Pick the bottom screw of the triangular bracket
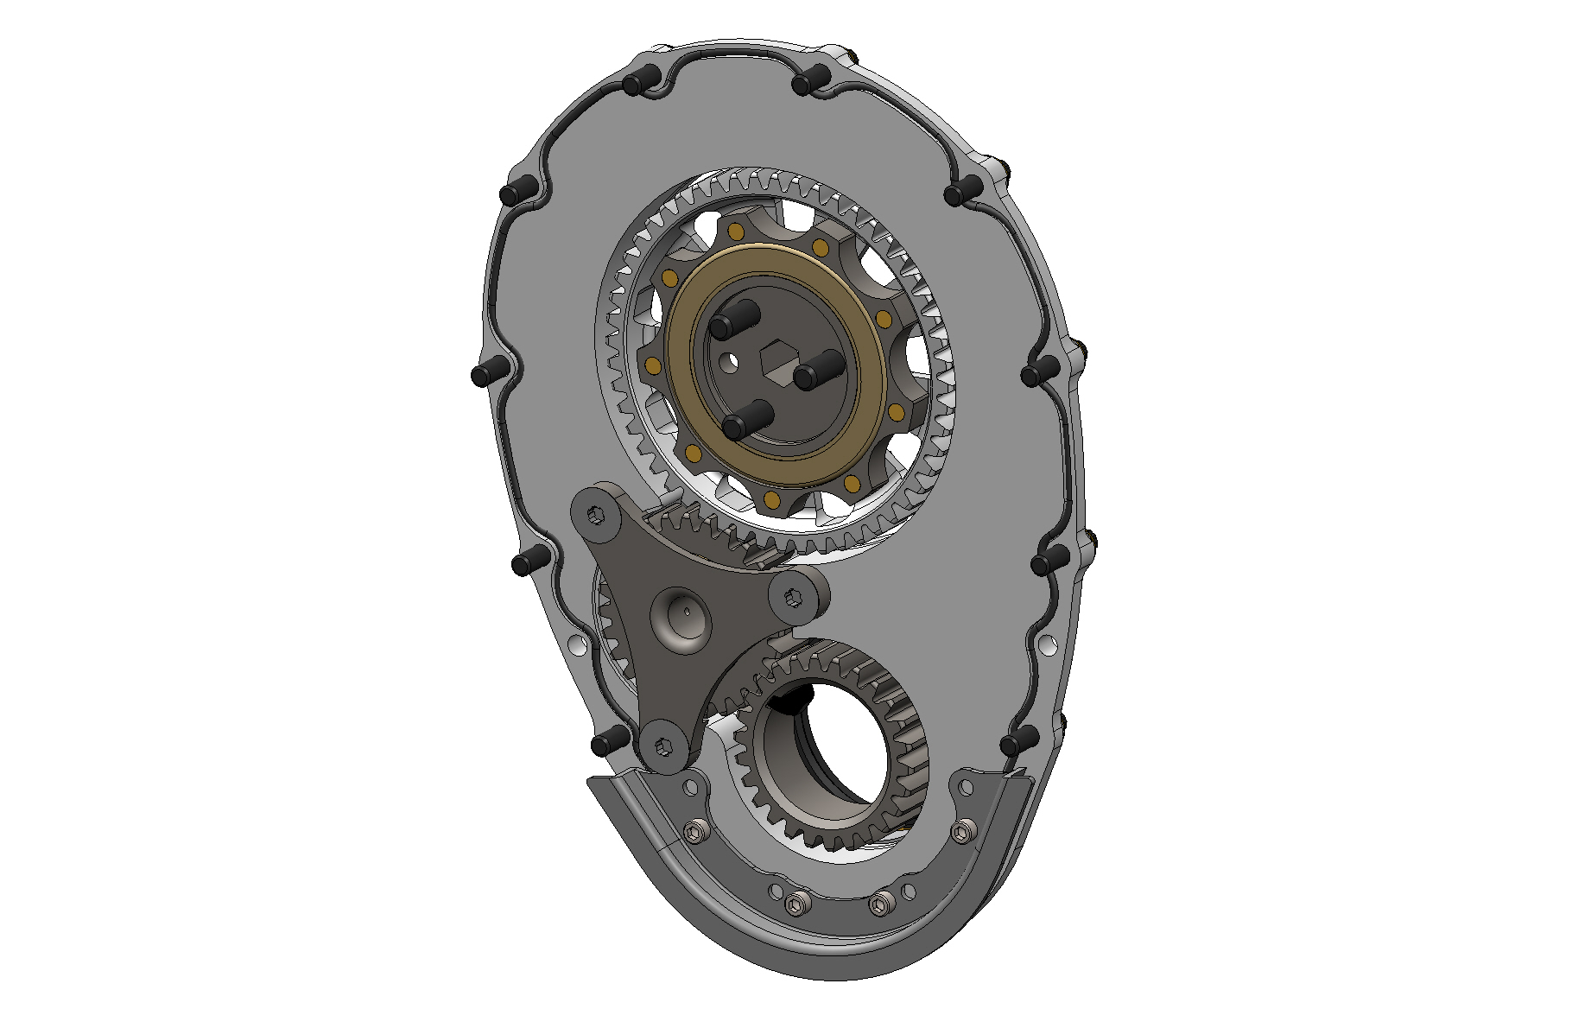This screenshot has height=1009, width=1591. [664, 746]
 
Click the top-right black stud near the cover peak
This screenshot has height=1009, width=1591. [808, 82]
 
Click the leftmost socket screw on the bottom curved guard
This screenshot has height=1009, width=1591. [694, 832]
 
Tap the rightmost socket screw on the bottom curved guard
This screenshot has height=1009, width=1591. [962, 832]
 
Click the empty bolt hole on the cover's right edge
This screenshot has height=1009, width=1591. [1047, 644]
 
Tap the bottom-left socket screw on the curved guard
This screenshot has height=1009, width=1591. [797, 904]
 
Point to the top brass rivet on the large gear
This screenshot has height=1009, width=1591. [736, 232]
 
